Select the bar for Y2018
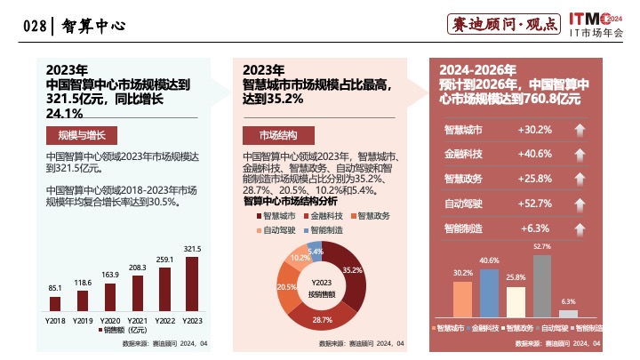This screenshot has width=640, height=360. tap(55, 302)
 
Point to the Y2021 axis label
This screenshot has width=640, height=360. tap(137, 319)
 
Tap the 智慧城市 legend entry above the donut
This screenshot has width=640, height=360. tap(276, 216)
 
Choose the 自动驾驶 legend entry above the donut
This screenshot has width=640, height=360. tap(276, 230)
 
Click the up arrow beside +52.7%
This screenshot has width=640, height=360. tap(580, 204)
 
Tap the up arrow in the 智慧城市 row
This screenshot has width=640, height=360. tap(580, 130)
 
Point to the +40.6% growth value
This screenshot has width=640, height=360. tap(534, 154)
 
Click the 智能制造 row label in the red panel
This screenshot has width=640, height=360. tap(463, 228)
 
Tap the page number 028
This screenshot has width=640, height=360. tap(33, 27)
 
